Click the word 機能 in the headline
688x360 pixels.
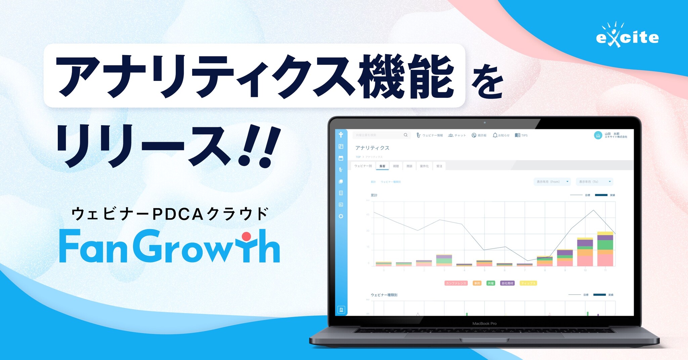tap(406, 77)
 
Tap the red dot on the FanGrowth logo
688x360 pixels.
tap(246, 237)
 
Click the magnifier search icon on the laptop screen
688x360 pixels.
tap(405, 135)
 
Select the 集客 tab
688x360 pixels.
tap(382, 166)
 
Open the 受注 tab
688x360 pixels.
tap(439, 166)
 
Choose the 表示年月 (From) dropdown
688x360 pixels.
tap(552, 182)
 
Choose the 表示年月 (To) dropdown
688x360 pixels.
tap(594, 182)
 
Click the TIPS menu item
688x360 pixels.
tap(521, 135)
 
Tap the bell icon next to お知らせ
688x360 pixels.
tap(495, 135)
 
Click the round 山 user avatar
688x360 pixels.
tap(598, 135)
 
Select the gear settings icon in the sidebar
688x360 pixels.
tap(341, 216)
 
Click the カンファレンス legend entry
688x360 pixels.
tap(456, 283)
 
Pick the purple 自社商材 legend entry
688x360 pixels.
tap(507, 283)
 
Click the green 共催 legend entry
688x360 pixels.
tap(491, 283)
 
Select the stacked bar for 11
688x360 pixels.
tap(605, 249)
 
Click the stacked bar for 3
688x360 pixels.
tap(444, 261)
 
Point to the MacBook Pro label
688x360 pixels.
tap(484, 323)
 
